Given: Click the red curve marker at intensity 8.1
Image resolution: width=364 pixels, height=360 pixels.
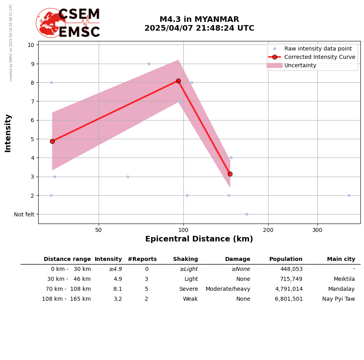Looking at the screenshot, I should tap(178, 81).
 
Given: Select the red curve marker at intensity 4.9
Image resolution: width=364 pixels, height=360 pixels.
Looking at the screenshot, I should tap(52, 141).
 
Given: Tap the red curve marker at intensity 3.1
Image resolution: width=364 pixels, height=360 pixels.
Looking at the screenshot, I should tap(230, 174).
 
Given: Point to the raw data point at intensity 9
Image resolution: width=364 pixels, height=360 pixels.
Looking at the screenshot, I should tap(149, 64).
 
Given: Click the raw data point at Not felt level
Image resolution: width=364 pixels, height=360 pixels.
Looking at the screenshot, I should tap(247, 214).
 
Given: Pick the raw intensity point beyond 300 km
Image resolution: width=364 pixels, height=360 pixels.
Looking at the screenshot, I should tap(349, 195).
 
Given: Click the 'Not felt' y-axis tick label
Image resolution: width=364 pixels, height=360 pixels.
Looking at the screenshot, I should tap(24, 214).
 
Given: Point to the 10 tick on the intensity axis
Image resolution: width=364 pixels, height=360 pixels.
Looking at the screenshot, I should tap(31, 45).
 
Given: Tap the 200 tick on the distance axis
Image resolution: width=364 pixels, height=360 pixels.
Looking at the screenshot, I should tap(268, 230).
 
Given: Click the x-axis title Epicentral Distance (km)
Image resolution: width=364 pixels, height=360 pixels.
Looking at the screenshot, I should tap(199, 239).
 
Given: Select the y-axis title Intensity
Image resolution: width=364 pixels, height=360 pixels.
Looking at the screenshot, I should tap(8, 133).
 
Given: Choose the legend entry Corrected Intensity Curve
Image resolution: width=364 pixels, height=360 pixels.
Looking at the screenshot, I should tap(319, 57).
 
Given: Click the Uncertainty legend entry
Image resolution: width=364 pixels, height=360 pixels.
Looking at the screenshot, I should tap(300, 65).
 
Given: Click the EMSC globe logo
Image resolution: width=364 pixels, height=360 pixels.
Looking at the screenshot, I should tap(51, 23).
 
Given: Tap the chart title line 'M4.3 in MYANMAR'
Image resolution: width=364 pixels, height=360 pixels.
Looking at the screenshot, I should tap(199, 19).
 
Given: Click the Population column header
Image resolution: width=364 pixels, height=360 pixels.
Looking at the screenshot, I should tap(286, 259).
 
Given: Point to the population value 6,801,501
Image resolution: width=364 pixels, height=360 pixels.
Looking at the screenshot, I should tap(289, 299).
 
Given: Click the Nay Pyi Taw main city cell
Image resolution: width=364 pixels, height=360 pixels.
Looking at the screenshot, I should tap(339, 299).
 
